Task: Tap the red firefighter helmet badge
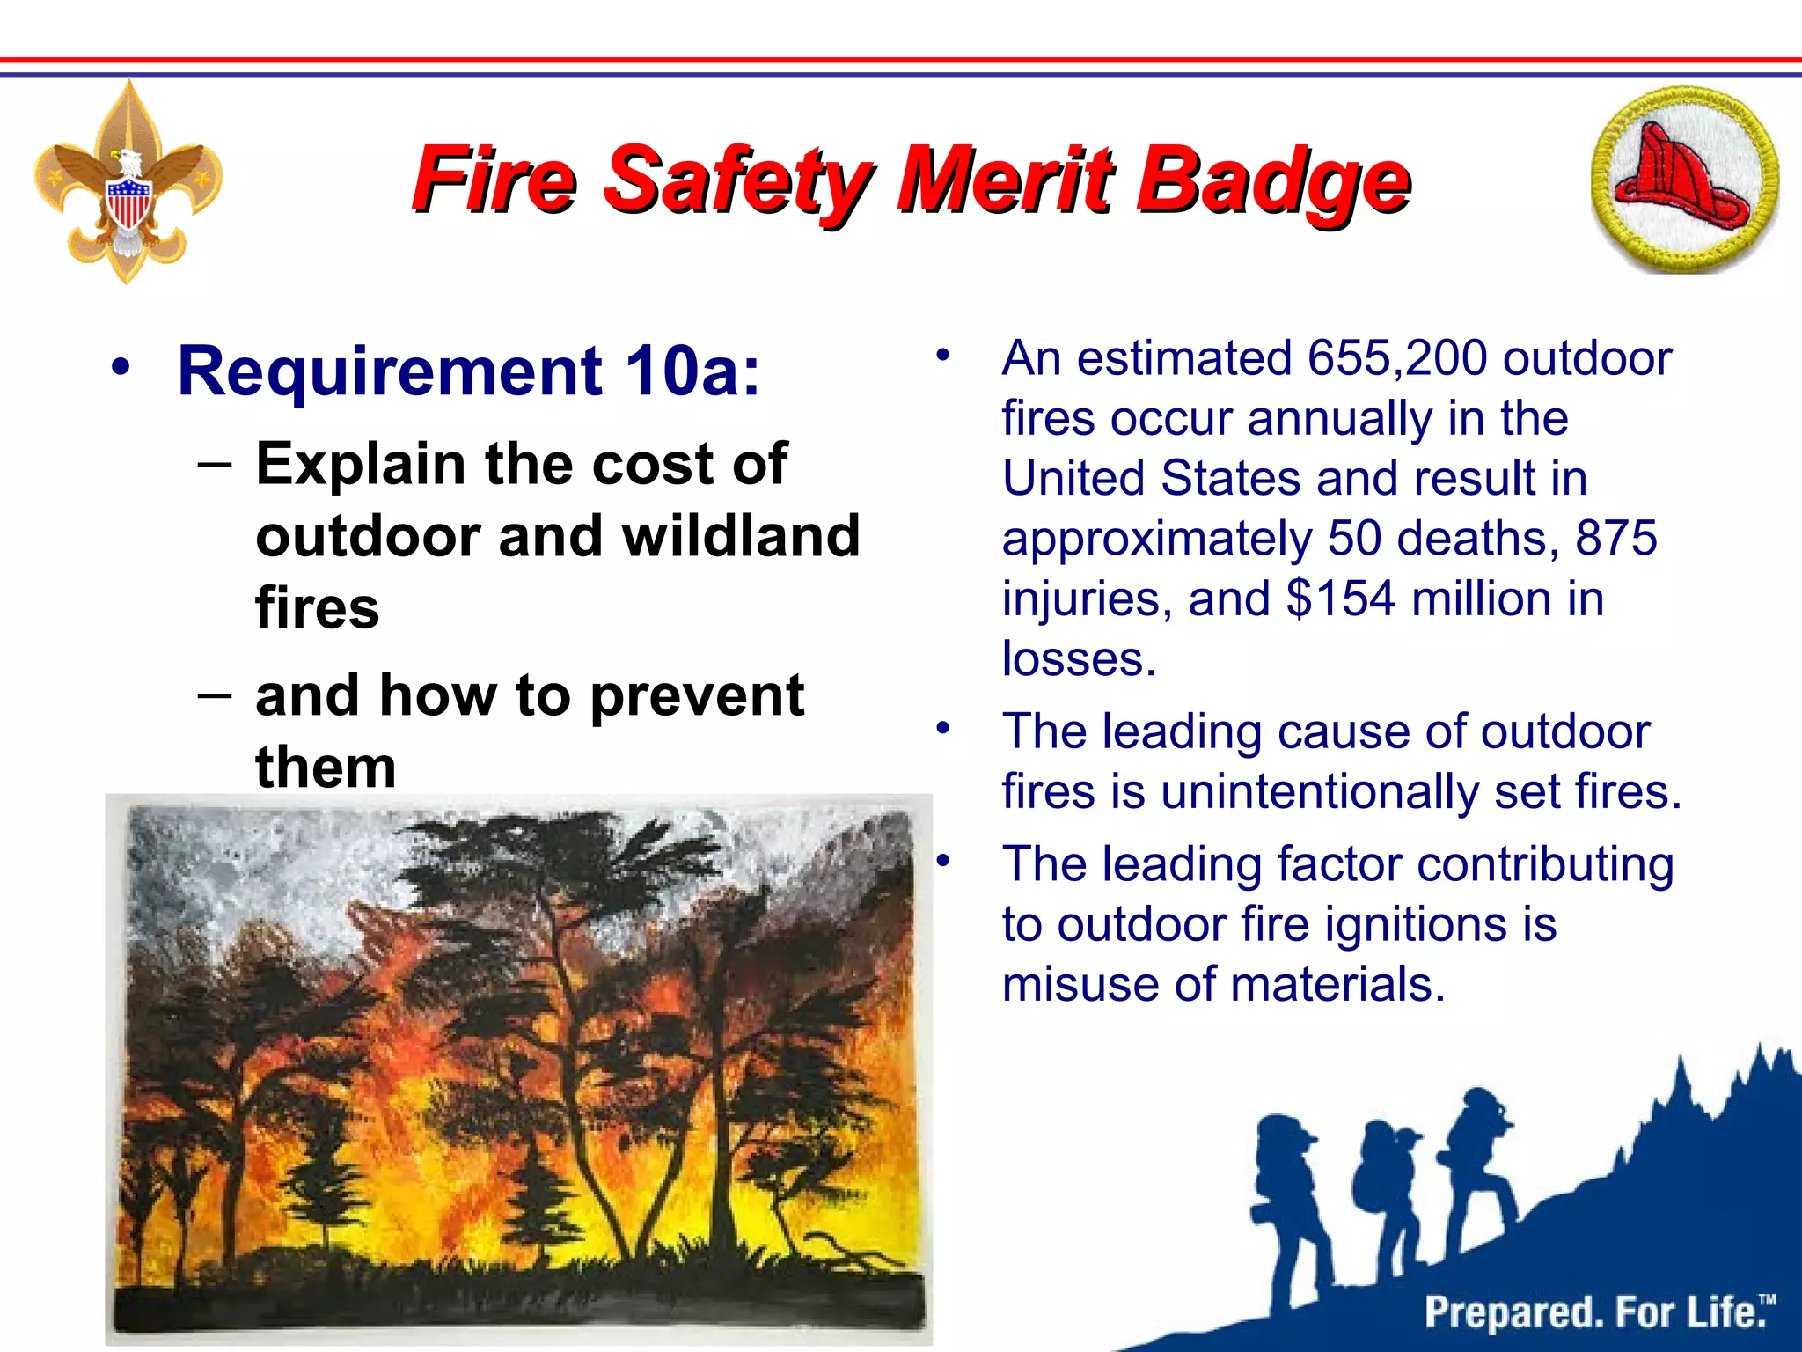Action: point(1682,180)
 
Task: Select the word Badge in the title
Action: point(1272,181)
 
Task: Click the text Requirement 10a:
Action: point(468,371)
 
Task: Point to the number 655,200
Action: point(1396,359)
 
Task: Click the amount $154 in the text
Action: point(1340,599)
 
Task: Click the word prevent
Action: point(696,695)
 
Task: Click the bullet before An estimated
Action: point(943,356)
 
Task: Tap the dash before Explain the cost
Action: point(215,463)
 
